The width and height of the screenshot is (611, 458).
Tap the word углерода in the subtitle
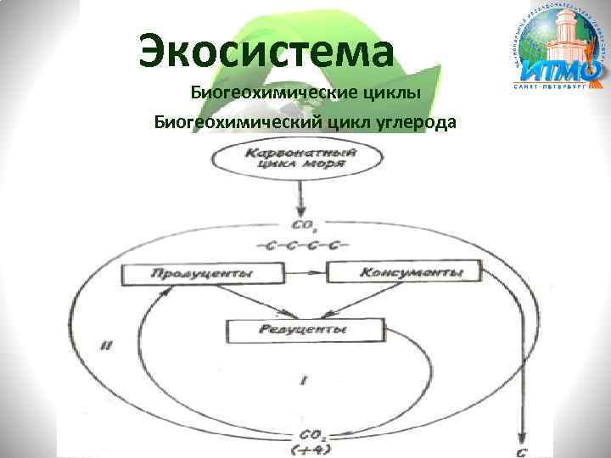412,122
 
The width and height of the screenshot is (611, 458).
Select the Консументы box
404,272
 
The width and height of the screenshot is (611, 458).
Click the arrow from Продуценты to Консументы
305,273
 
